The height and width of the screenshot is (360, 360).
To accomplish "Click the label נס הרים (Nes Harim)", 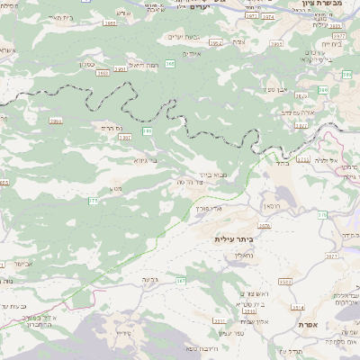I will click(104, 127).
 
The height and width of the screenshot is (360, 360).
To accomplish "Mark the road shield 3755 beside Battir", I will click(303, 159).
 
